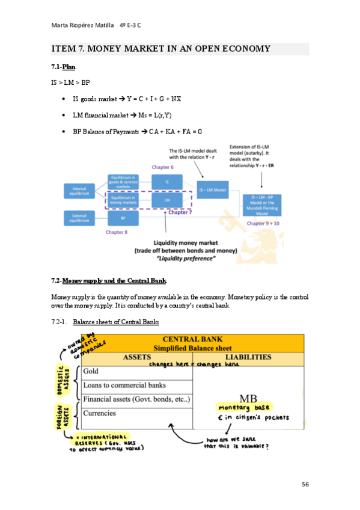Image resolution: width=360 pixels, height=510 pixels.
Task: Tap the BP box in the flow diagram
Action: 123,218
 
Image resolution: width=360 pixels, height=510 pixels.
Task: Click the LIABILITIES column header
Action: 248,357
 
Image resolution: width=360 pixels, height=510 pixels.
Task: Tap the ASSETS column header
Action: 136,357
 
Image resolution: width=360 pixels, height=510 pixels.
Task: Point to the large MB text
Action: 248,399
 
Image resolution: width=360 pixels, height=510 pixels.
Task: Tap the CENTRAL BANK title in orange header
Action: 192,339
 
